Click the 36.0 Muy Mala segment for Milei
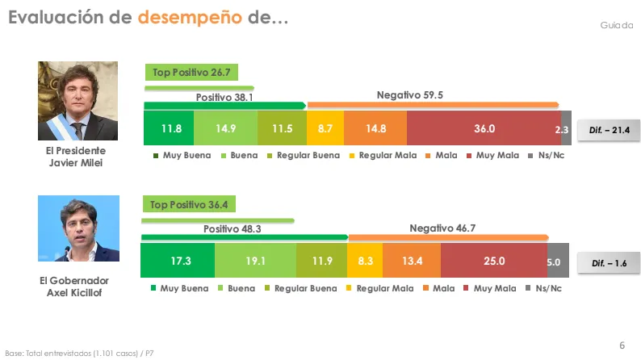coord(484,129)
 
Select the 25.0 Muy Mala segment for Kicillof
coord(493,261)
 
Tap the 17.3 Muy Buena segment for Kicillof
coord(177,261)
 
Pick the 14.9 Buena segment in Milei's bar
coord(225,129)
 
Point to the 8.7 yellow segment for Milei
coord(325,129)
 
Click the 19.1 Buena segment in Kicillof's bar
coord(255,261)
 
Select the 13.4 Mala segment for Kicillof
coord(411,261)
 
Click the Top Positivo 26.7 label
coord(191,73)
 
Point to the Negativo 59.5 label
coord(410,95)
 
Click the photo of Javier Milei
coord(78,101)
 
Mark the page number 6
coord(622,345)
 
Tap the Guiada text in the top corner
coord(616,26)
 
